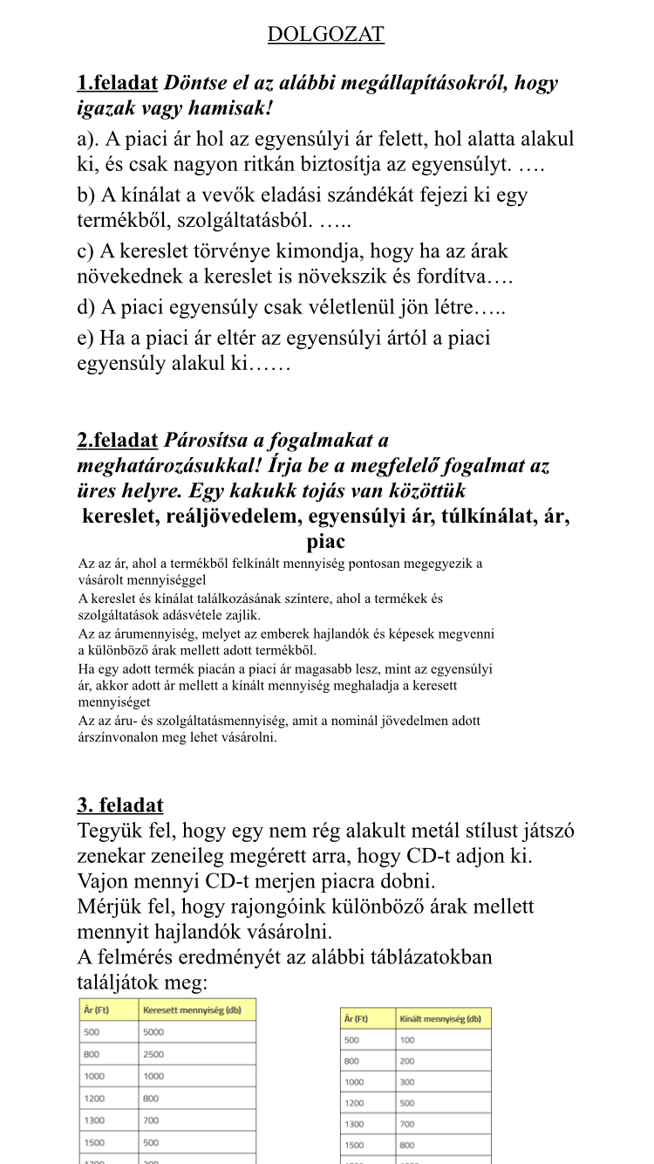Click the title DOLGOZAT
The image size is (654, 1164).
tap(325, 35)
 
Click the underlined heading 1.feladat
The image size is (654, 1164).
tap(117, 84)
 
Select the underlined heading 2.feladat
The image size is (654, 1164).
tap(117, 440)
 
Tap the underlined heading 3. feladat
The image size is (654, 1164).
tap(119, 805)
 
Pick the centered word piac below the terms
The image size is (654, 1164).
tap(325, 542)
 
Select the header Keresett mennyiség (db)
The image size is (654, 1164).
tap(191, 1010)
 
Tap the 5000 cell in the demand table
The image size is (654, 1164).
tap(154, 1032)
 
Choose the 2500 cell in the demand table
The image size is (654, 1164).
tap(154, 1054)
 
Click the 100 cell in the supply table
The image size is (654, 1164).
tap(407, 1040)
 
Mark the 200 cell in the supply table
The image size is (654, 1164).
tap(407, 1061)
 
